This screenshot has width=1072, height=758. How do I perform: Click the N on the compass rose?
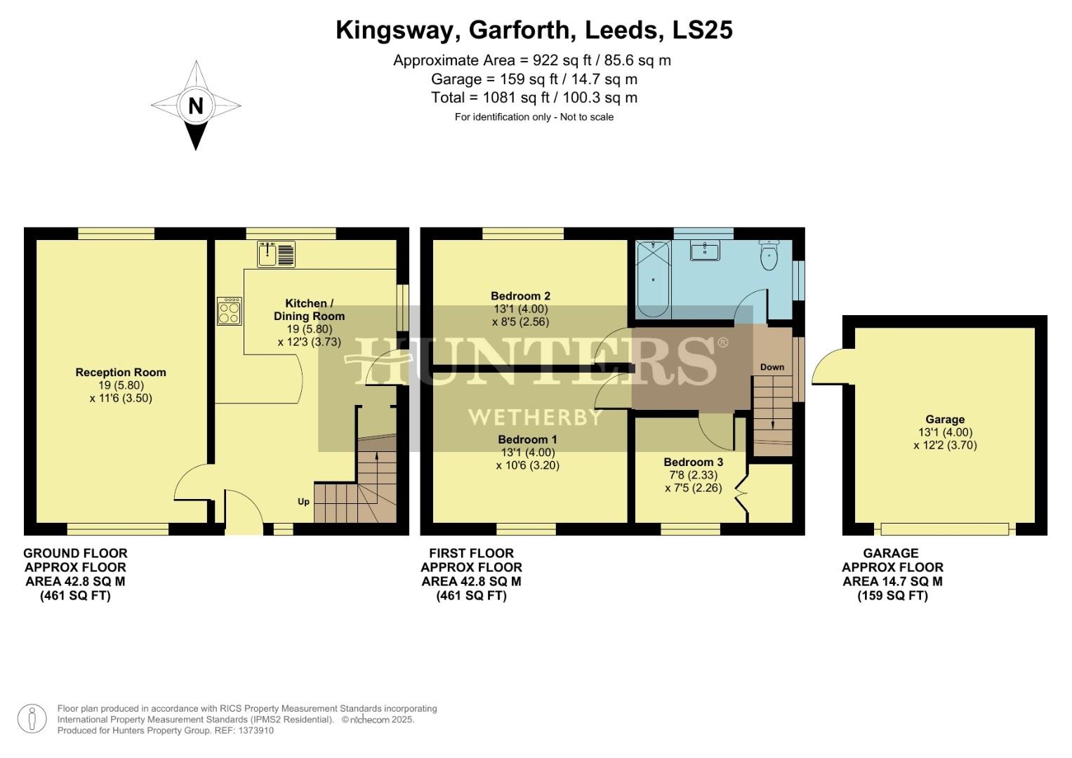196,106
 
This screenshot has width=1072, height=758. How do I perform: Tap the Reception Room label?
121,373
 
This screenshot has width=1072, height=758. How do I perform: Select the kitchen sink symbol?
277,254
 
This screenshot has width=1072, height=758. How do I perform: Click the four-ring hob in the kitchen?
230,311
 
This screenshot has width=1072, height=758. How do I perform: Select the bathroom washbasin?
704,251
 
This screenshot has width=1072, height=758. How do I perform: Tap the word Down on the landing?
772,367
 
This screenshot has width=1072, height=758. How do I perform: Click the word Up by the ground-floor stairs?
303,502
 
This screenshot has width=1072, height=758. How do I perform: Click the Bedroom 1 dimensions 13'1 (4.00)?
527,453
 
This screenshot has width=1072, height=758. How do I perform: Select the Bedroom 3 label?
693,463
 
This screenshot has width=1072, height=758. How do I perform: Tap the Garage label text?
945,420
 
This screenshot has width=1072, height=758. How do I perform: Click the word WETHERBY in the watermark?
535,417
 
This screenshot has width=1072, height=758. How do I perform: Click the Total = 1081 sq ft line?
534,98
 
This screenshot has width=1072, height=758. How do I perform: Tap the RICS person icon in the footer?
32,719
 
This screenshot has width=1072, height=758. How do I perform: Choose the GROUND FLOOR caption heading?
75,553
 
